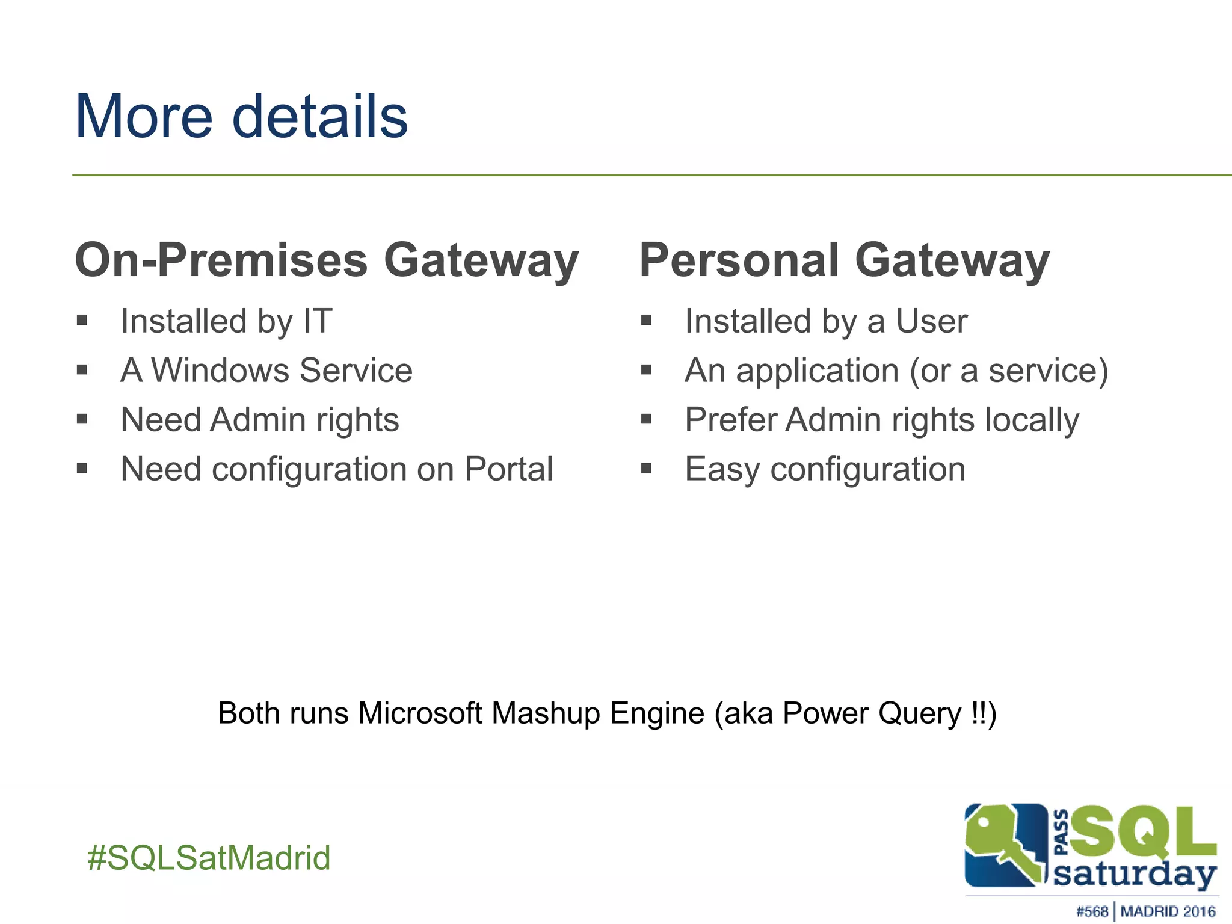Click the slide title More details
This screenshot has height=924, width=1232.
[241, 117]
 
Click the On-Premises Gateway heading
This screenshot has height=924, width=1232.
[327, 260]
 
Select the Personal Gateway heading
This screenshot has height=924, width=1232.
[844, 260]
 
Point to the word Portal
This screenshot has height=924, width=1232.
[508, 469]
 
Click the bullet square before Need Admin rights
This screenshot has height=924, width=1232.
[82, 419]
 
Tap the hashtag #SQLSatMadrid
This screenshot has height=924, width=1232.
[209, 858]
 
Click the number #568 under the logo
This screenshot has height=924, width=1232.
[1092, 911]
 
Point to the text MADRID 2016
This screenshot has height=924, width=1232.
[1168, 911]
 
